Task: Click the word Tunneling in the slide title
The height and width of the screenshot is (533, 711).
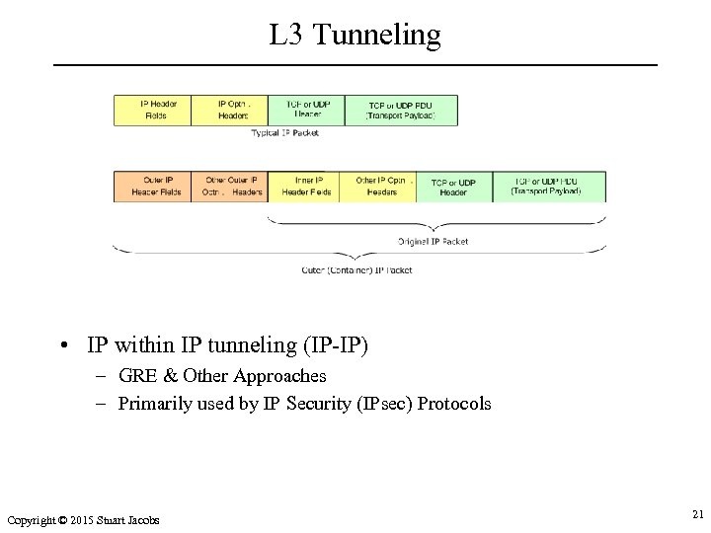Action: point(380,37)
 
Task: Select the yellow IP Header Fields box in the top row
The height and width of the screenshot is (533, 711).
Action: point(152,110)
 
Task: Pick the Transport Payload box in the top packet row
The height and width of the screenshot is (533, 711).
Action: point(401,110)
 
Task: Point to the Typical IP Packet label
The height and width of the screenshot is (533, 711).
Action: point(285,133)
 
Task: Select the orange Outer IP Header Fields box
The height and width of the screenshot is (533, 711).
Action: point(152,187)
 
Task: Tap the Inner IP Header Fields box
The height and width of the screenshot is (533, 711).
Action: point(306,187)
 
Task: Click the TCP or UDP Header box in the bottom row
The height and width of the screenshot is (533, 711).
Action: point(453,187)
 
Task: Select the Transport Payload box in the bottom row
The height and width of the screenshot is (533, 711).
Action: point(545,187)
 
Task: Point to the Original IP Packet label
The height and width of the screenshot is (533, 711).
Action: point(434,241)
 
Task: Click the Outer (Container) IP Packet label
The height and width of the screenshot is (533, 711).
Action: point(356,269)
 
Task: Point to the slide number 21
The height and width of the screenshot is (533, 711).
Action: point(697,514)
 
